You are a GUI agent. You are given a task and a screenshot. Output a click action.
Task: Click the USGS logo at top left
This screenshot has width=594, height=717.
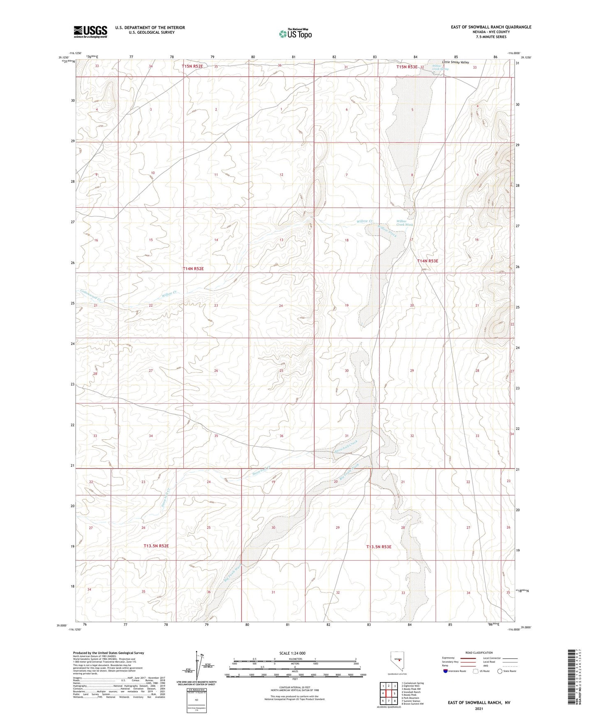tap(90, 32)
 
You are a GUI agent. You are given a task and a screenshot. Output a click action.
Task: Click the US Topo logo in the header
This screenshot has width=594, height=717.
tap(295, 34)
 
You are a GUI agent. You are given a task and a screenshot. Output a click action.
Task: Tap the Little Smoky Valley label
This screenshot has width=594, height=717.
tap(455, 62)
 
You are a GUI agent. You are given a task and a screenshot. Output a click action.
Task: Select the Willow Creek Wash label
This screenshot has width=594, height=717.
tap(404, 223)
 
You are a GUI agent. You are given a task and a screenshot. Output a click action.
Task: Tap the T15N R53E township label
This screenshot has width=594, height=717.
tap(407, 67)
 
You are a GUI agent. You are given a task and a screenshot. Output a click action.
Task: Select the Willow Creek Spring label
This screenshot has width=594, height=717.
tap(440, 67)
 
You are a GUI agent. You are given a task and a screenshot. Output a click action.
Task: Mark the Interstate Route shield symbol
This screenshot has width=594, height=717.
tap(446, 671)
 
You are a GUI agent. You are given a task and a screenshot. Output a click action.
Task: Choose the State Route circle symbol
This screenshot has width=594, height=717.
tap(500, 671)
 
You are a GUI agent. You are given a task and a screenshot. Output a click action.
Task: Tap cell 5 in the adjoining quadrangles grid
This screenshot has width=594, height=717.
tap(395, 694)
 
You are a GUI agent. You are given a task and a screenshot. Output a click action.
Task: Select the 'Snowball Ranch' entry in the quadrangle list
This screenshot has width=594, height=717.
tap(411, 692)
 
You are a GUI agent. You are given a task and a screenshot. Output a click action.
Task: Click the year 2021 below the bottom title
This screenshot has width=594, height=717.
tap(478, 709)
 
